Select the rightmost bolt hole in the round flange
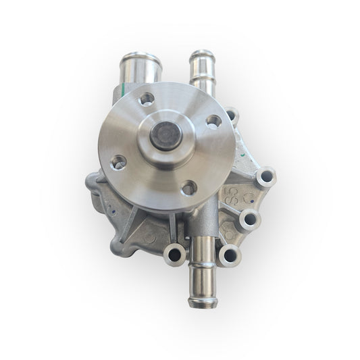tap(213, 122)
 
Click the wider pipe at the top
tap(138, 67)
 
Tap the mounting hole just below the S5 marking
tap(249, 220)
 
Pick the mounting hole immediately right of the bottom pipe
tap(230, 255)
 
